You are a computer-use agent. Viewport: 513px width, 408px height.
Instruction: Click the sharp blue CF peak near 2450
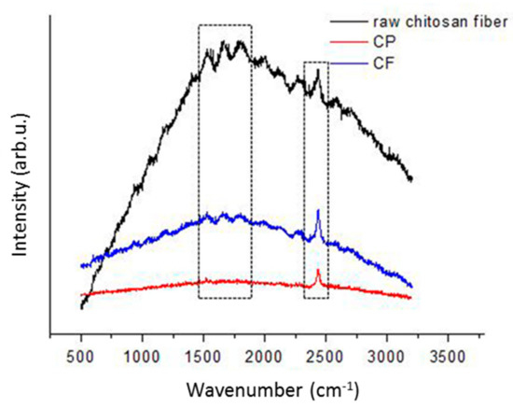(318, 210)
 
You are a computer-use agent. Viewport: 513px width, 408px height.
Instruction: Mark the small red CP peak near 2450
(318, 271)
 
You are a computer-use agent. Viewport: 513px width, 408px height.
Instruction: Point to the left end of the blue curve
(82, 266)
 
